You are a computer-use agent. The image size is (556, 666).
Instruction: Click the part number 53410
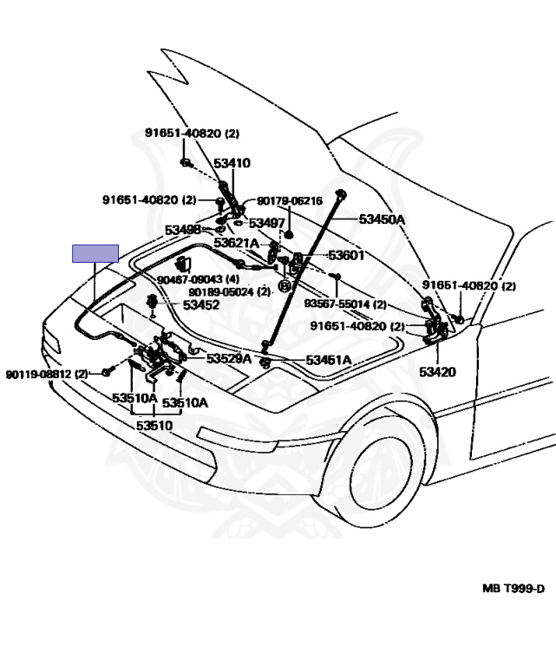tap(232, 163)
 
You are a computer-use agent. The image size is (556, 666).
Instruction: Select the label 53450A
tap(383, 219)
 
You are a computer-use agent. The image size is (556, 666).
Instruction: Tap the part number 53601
tap(346, 256)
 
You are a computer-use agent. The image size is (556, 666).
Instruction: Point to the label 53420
tap(437, 372)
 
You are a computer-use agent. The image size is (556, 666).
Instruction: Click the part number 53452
tap(201, 304)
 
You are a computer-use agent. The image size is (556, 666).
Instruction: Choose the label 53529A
tap(229, 358)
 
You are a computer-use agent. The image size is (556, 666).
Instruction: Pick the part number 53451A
tap(328, 360)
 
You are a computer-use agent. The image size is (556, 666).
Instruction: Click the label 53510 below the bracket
tap(154, 425)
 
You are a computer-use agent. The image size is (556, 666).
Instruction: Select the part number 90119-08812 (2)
tap(47, 374)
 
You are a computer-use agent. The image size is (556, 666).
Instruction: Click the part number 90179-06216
tap(289, 201)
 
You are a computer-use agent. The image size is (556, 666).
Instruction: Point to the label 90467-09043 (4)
tap(198, 279)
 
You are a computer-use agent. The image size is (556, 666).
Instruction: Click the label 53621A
tap(236, 244)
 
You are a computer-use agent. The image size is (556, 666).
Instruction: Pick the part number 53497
tap(267, 224)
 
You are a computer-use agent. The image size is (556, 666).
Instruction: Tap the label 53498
tap(183, 230)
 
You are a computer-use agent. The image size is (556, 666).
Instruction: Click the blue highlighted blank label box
tap(95, 253)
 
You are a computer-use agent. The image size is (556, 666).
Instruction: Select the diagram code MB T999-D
tap(513, 589)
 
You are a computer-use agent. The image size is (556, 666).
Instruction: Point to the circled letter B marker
tap(284, 285)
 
